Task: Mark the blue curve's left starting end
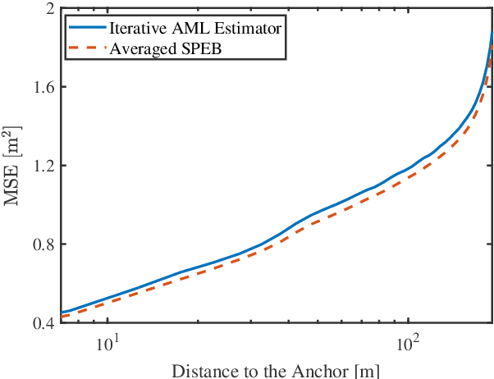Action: point(62,313)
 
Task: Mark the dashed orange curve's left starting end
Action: point(62,317)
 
